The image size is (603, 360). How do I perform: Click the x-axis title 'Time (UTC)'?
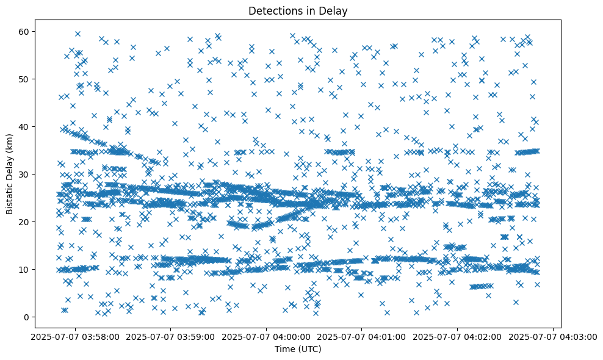coord(298,350)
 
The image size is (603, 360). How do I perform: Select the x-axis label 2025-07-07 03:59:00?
coord(171,337)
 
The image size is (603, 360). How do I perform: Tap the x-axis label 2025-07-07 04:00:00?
coord(267,337)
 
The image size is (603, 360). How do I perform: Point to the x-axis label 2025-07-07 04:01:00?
coord(362,337)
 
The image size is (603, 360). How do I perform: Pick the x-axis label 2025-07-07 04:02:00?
coord(458,337)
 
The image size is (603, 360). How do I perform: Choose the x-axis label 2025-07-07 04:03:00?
coord(553,337)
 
